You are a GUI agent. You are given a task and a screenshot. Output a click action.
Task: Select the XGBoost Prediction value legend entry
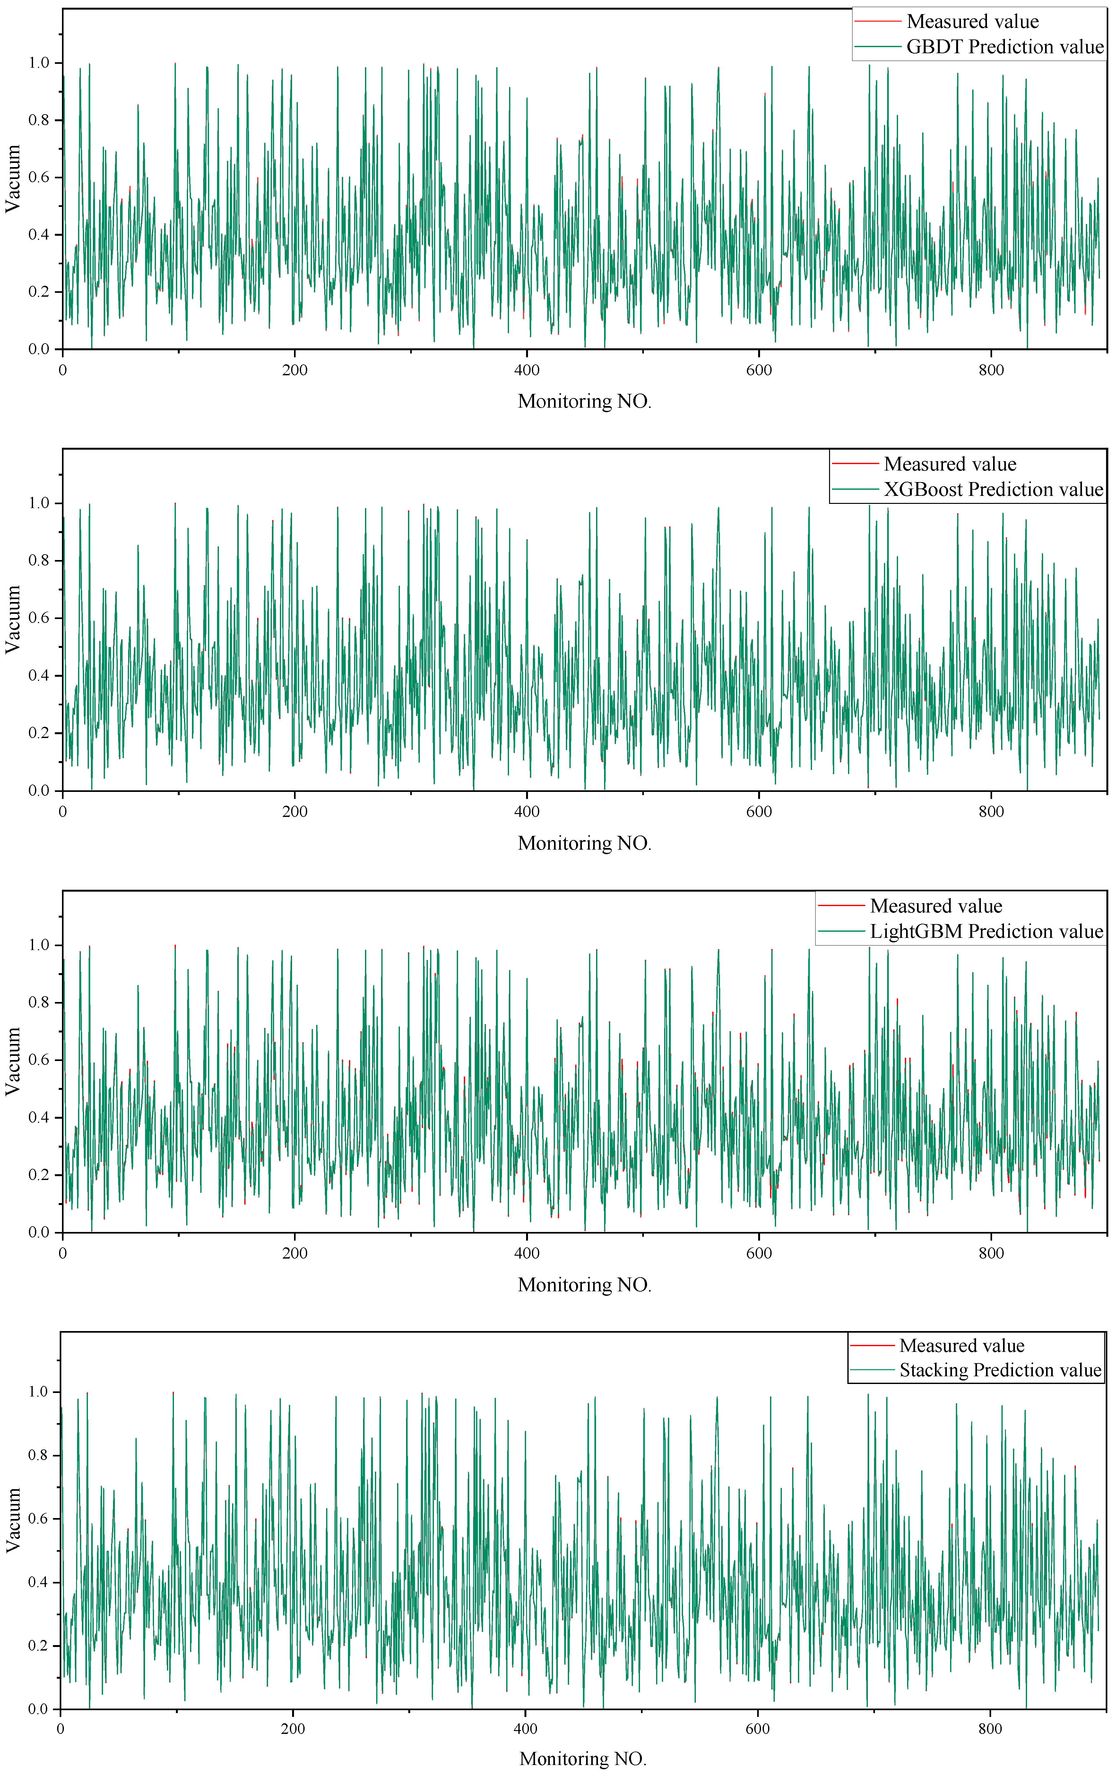[993, 490]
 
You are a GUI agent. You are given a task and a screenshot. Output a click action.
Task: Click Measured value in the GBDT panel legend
[972, 21]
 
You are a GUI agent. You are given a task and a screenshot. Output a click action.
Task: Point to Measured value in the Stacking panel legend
[961, 1346]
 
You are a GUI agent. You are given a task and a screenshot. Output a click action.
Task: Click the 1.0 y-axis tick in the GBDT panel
[39, 64]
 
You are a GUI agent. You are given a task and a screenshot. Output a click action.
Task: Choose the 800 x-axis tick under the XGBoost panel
[991, 812]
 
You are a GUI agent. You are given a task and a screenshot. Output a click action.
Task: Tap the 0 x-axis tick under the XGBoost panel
[63, 812]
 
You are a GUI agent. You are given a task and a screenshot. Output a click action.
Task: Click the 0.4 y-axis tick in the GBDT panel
[39, 235]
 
